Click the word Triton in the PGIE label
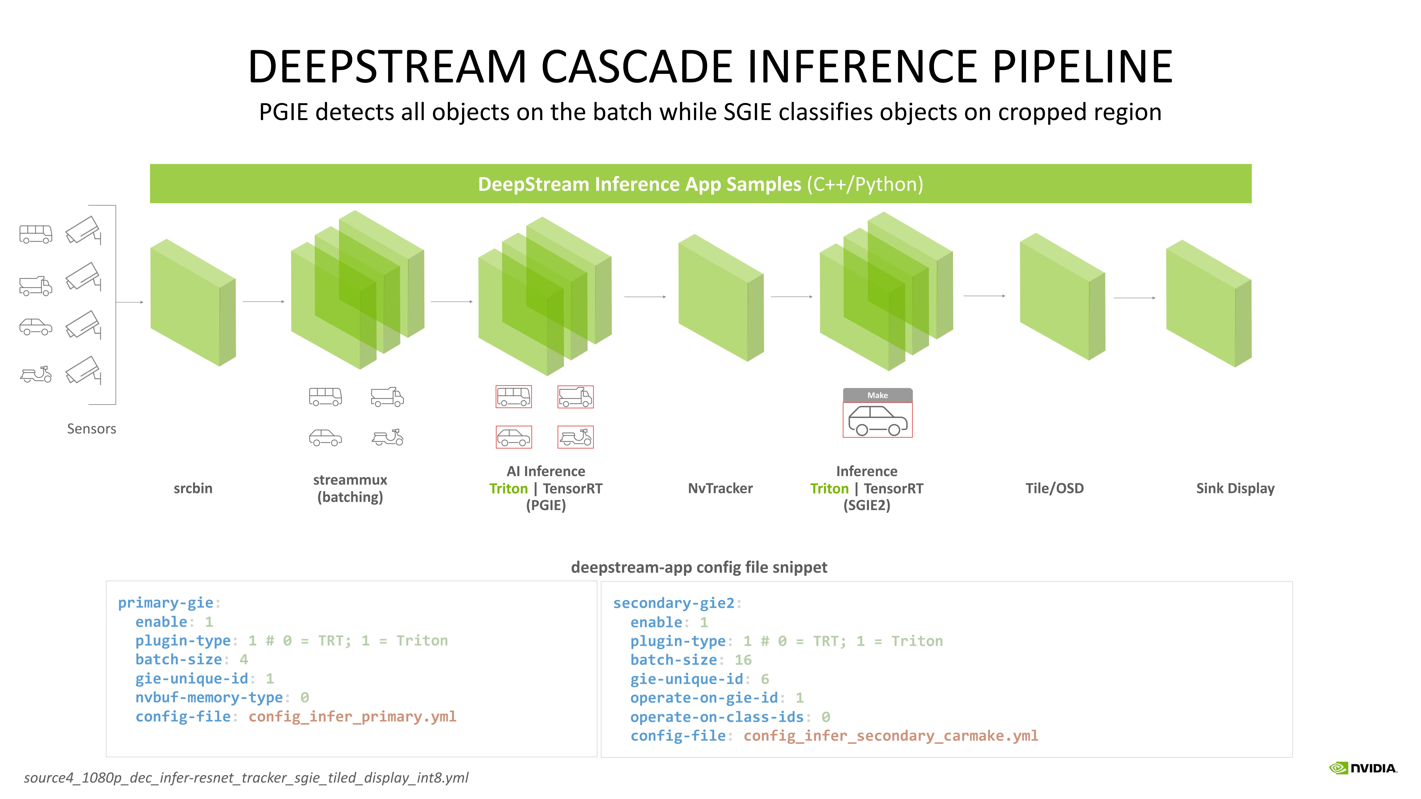508,489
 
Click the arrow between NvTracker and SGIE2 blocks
791,297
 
